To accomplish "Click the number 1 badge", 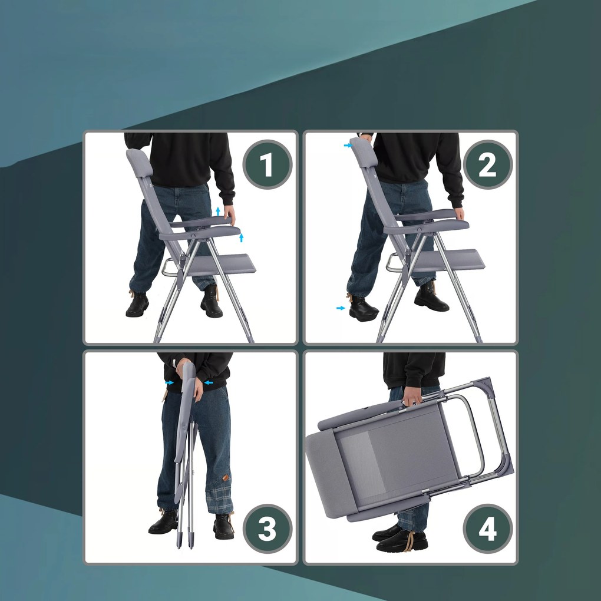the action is click(268, 164).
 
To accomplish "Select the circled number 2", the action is click(487, 164).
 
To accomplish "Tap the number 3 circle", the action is click(268, 529).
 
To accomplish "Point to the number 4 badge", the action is click(487, 529).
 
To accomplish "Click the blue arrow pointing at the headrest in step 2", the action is click(348, 146).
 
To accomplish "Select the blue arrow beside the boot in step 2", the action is click(341, 308).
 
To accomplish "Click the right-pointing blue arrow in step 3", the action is click(169, 382).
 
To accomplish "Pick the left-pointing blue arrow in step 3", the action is click(209, 382).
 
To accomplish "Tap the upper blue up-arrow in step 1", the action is click(218, 211).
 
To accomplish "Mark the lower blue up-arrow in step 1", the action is click(241, 237).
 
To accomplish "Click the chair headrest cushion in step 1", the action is click(140, 163).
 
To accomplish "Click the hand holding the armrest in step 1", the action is click(230, 214).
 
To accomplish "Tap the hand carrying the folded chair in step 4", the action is click(412, 397).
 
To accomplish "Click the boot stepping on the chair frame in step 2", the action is click(362, 308).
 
